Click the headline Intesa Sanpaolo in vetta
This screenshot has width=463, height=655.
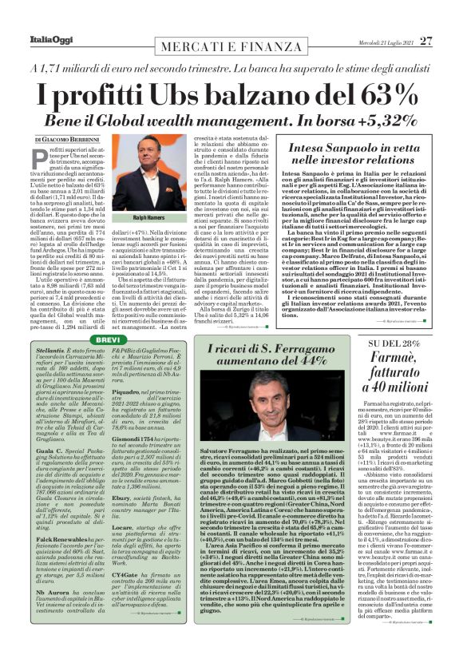[354, 149]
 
